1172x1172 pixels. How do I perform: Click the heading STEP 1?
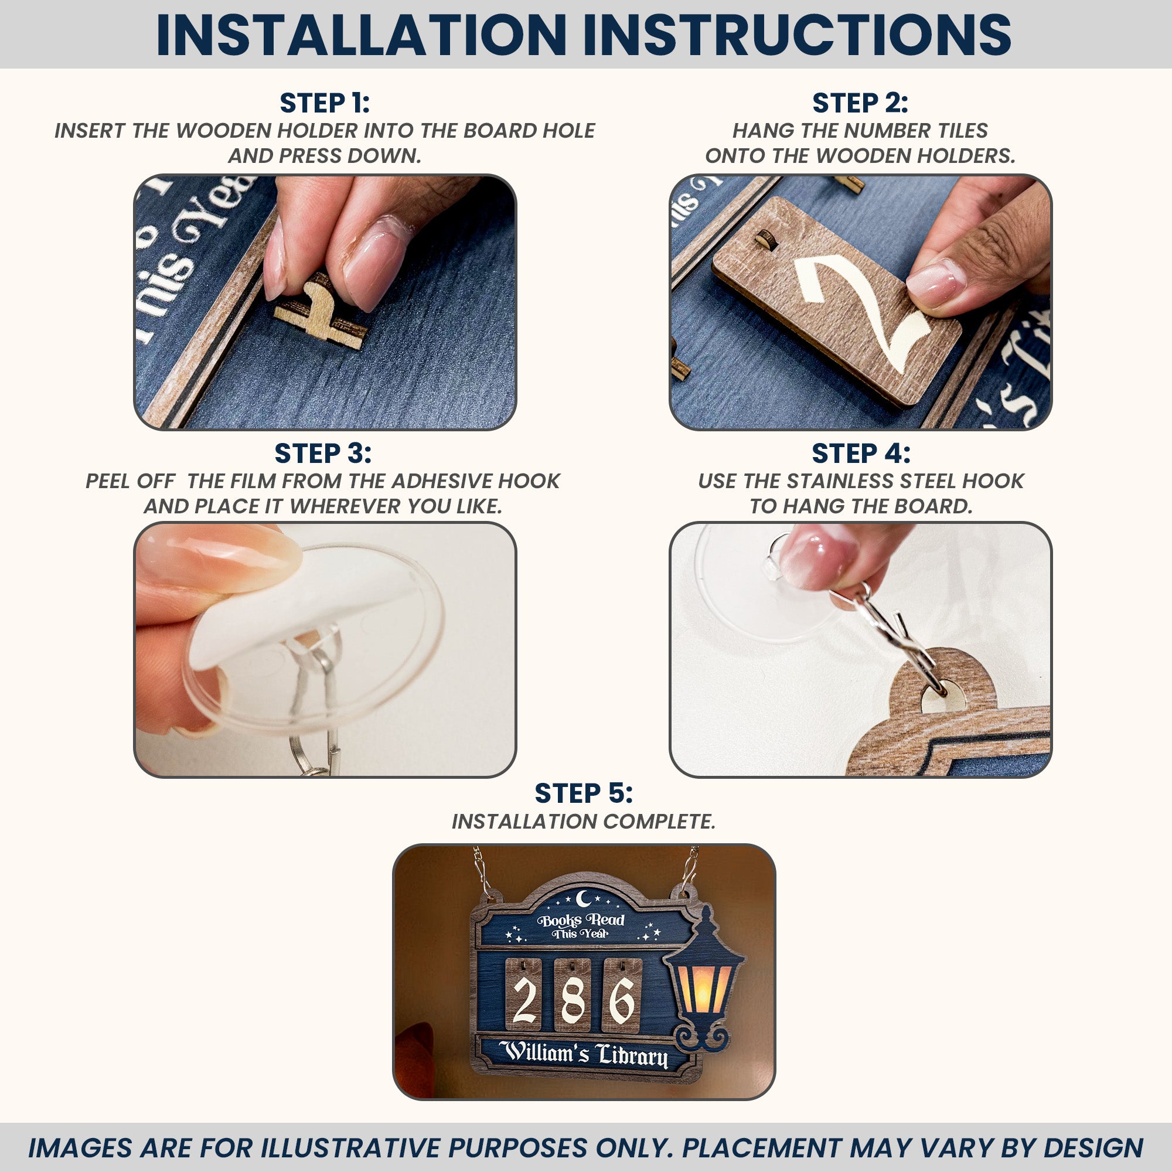click(325, 103)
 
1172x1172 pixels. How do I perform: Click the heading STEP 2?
click(860, 103)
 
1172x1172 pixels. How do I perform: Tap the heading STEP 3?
click(323, 453)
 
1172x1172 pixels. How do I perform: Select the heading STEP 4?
click(861, 453)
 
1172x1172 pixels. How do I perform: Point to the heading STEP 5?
click(584, 793)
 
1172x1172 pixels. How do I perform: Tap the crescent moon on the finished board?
click(584, 897)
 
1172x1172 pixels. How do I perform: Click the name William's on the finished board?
click(544, 1052)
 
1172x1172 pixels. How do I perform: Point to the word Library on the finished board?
click(632, 1057)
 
